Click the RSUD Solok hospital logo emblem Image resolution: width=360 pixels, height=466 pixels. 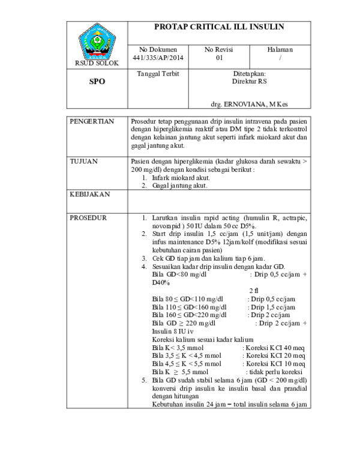click(x=97, y=40)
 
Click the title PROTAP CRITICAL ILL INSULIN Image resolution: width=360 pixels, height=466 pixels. click(x=219, y=27)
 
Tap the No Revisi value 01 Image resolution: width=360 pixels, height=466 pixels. click(x=219, y=58)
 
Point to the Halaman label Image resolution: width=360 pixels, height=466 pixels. click(x=280, y=49)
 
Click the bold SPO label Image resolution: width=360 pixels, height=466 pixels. click(x=97, y=82)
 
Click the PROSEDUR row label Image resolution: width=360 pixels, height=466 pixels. click(x=89, y=217)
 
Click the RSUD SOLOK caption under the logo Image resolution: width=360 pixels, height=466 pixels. click(x=97, y=62)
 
